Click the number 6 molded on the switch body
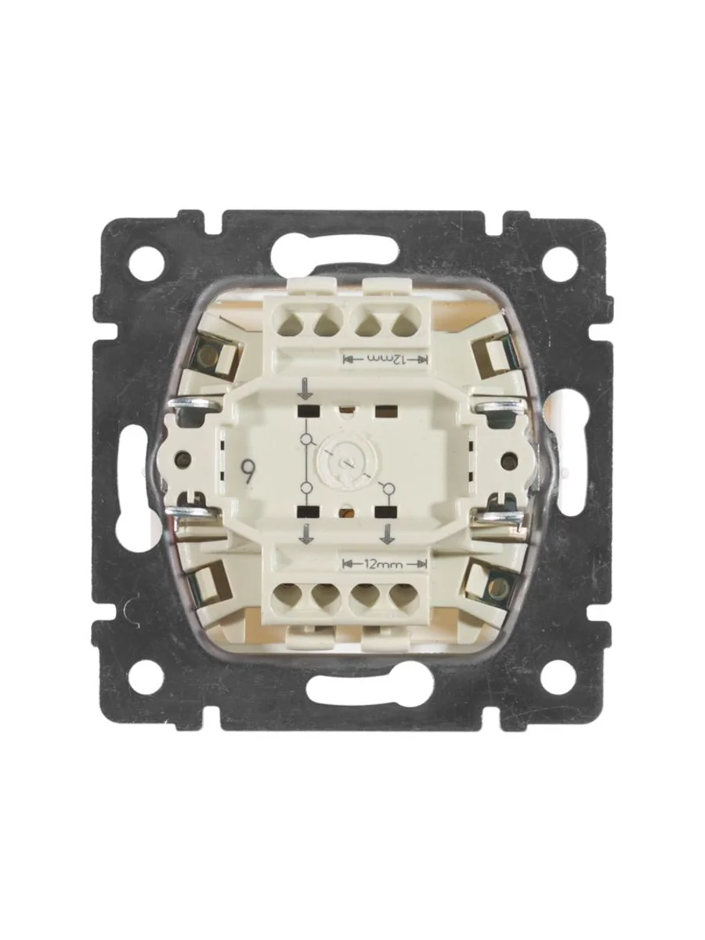[246, 466]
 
